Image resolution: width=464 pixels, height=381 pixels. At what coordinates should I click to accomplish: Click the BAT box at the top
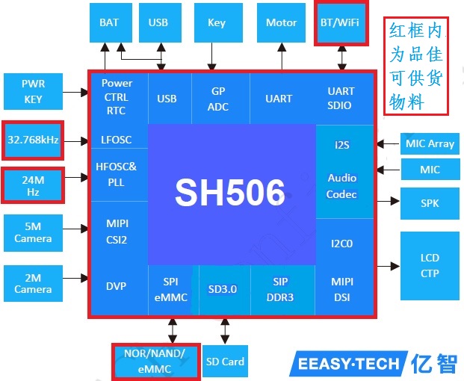point(109,22)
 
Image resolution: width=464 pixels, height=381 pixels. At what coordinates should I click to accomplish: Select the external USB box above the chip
point(158,22)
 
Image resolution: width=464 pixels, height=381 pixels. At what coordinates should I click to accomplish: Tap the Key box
point(217,22)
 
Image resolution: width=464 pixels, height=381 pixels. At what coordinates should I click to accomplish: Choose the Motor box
point(282,22)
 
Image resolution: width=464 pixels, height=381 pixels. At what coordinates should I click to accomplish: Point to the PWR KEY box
point(33,92)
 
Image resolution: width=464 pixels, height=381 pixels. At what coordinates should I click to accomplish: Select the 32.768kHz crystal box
point(33,140)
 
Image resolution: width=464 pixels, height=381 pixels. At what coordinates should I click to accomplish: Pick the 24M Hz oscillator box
point(33,187)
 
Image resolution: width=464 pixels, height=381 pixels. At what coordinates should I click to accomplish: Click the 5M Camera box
point(33,232)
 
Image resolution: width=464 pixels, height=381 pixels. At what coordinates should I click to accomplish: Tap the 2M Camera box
point(33,283)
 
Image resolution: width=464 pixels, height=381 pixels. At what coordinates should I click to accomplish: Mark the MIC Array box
point(430,143)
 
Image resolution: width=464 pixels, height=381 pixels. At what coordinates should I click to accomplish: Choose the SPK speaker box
point(430,203)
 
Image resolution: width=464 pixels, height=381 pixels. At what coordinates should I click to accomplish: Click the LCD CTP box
point(430,265)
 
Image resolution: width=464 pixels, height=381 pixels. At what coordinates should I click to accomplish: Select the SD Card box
point(225,362)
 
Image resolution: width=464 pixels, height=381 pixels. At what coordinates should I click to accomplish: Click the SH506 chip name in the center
point(230,193)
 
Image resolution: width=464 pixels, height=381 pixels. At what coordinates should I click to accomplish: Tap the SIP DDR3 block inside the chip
point(280,288)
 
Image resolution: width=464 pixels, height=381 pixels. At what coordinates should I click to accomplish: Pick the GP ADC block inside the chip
point(217,99)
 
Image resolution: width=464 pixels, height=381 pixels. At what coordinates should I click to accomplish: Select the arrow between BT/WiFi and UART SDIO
point(342,57)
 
